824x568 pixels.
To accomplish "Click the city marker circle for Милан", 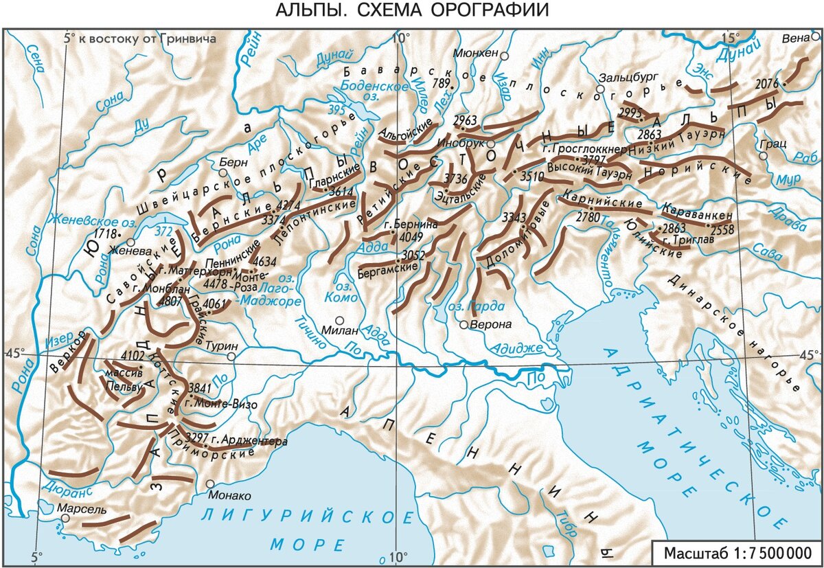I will click(x=339, y=320).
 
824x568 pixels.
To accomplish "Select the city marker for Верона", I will click(x=465, y=324).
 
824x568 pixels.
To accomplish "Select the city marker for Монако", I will click(x=210, y=484).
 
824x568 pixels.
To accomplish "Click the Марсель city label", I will click(x=82, y=510).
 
